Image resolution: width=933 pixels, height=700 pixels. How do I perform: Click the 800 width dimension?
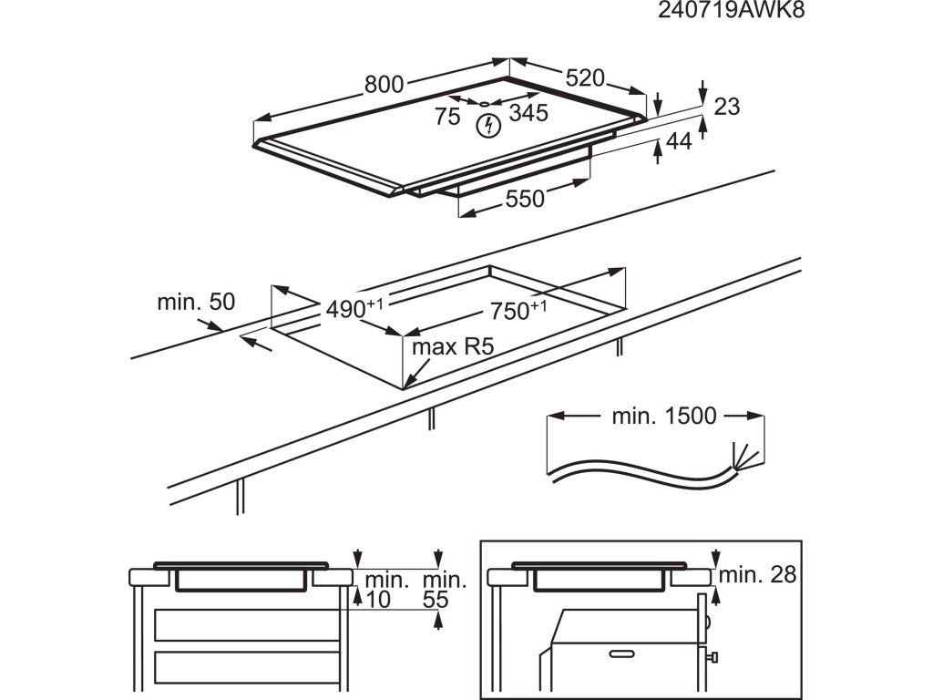[384, 84]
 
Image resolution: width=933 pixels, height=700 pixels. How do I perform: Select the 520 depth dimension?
[584, 78]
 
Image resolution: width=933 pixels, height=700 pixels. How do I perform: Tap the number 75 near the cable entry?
[446, 116]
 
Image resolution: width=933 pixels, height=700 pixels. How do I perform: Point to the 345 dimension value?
[528, 114]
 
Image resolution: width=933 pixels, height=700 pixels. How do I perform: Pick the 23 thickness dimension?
[725, 107]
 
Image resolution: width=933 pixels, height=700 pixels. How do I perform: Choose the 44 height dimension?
[679, 140]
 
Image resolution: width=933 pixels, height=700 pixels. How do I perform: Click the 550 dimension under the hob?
[525, 199]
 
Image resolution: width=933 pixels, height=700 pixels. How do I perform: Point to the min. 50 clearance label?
[196, 302]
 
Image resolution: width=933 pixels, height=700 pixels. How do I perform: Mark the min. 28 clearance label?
[757, 574]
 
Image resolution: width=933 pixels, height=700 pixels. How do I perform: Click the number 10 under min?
[377, 599]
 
